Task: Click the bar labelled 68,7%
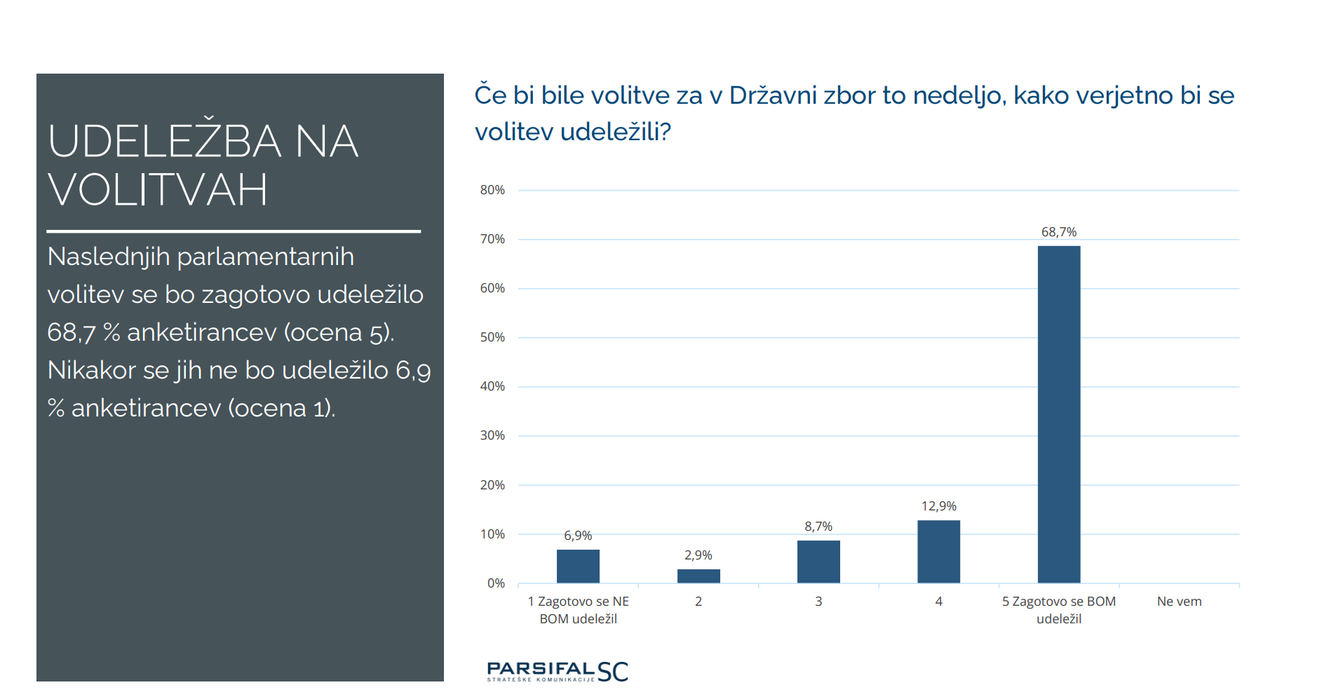1058,414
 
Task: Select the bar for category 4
938,552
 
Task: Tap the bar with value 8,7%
818,562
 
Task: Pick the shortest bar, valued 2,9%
698,576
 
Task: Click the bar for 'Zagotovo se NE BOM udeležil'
578,567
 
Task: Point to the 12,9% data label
938,506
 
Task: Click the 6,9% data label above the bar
578,536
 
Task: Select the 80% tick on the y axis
492,190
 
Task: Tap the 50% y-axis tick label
492,337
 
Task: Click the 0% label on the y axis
496,583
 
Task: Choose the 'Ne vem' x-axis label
1179,602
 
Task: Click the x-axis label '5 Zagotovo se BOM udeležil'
1058,610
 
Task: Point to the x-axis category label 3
818,602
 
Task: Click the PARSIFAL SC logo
557,672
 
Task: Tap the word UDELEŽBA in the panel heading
165,142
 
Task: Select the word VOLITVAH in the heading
158,190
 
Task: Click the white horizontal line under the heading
233,231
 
